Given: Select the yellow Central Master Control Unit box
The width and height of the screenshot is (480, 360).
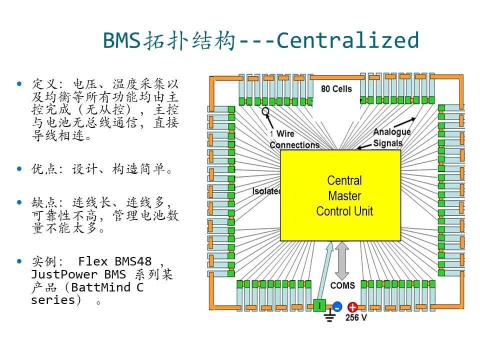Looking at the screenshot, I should (340, 195).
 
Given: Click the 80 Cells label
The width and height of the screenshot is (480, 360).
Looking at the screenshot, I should (336, 89).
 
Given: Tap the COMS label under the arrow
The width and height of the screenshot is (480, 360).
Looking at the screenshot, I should (342, 285).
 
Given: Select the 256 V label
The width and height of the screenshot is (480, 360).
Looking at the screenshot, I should (356, 317).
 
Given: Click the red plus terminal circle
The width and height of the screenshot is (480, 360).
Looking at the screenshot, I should (352, 307).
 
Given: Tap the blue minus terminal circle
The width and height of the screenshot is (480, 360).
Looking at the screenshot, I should (337, 307).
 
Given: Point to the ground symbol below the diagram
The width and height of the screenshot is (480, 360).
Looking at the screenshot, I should (329, 316).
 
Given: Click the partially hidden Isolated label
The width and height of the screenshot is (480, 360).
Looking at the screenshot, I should (265, 191).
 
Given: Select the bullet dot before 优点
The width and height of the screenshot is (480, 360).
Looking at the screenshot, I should (20, 169).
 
